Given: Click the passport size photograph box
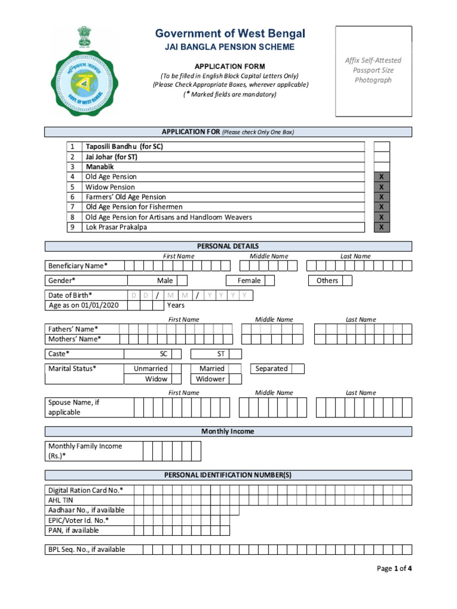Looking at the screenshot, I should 373,71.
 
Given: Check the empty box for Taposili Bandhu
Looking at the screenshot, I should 381,146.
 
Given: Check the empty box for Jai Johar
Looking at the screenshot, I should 381,157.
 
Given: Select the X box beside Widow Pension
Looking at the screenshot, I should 381,187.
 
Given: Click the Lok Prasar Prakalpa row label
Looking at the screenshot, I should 116,227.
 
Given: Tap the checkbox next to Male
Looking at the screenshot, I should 182,281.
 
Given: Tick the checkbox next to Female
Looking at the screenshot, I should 270,281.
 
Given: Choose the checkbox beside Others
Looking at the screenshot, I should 346,281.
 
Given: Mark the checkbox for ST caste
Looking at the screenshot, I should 236,354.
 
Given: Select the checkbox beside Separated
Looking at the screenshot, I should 298,369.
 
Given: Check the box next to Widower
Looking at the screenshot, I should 236,379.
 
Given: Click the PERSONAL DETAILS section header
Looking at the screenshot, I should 228,246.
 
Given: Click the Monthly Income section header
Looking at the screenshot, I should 228,431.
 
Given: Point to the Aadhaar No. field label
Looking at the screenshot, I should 86,510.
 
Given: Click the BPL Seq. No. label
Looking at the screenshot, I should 86,550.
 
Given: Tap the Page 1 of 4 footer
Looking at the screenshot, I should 394,569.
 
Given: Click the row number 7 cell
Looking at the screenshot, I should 73,207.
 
